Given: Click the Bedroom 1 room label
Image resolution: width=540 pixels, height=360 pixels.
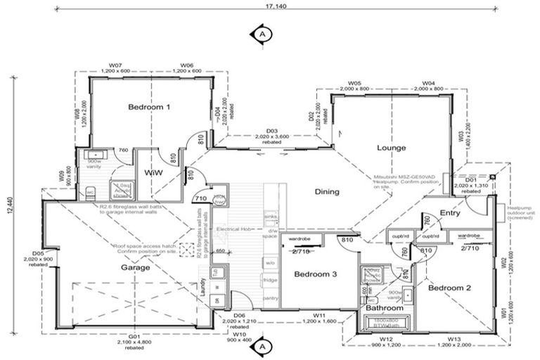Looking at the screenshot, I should tap(149, 108).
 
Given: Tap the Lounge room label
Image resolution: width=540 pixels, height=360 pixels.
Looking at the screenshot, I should tap(392, 148).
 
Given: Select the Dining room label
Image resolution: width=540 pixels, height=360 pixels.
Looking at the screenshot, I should tap(327, 191).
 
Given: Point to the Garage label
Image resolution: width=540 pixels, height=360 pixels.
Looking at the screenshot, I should tap(136, 268).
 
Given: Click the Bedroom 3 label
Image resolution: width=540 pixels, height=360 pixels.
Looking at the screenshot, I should tap(314, 274).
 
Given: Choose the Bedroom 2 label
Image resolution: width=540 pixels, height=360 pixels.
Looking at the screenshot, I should tap(450, 288).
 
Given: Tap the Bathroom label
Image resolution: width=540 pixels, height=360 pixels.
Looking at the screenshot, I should tap(384, 308).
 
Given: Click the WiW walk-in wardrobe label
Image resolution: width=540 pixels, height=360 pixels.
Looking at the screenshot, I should tap(153, 172).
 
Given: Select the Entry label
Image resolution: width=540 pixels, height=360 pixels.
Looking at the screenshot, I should tap(449, 212).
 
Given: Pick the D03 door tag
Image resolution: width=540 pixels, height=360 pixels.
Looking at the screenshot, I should tap(272, 131).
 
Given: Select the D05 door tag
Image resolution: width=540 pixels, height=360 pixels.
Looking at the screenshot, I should tap(38, 253).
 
